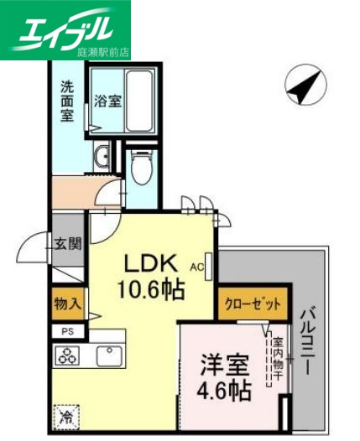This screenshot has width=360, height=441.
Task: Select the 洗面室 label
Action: (67, 101)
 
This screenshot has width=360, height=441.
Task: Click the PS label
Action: (67, 331)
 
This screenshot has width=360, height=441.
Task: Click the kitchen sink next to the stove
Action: (108, 355)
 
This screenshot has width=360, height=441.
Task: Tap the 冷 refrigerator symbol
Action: (66, 415)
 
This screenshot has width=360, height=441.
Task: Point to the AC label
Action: (197, 267)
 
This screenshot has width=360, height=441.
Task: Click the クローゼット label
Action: (252, 304)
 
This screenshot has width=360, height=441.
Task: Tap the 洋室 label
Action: (223, 366)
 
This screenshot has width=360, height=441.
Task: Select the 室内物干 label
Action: (276, 359)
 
